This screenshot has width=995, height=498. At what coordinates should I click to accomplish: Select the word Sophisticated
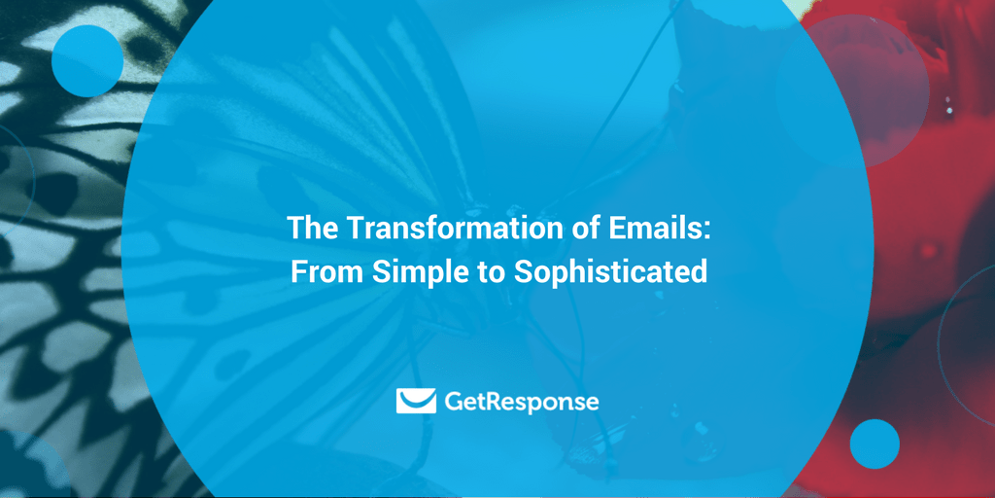pos(609,271)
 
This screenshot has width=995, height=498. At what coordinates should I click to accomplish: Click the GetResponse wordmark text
pos(521,402)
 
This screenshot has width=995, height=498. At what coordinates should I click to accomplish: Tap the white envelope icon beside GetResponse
pos(416,401)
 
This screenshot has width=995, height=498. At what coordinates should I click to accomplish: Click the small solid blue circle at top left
pos(87,60)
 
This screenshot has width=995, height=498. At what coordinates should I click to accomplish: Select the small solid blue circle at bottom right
pos(875,445)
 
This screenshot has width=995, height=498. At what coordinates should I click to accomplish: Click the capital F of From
pos(298,271)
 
